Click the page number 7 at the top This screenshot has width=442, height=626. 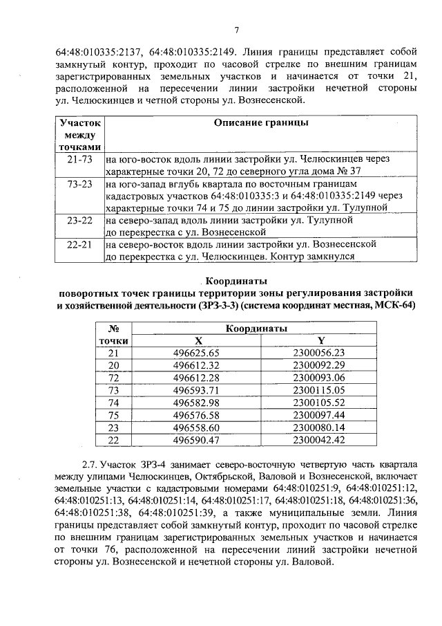236,30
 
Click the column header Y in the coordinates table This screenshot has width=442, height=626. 320,340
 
